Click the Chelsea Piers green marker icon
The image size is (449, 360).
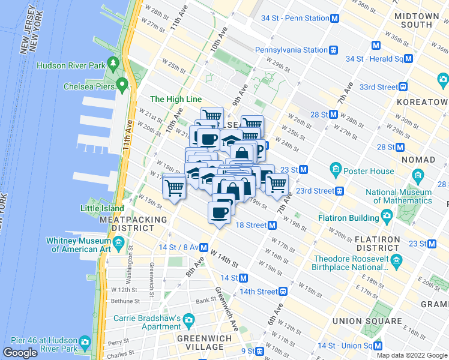122,86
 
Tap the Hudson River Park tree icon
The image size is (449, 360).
113,64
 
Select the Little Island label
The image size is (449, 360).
102,209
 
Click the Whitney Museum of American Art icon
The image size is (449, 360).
119,244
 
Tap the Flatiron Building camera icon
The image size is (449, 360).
387,215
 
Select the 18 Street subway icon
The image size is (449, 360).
273,225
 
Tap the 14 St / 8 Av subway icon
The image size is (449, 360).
204,247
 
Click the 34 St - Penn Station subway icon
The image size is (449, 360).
334,18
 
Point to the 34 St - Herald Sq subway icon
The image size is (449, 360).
408,59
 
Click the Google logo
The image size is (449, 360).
20,353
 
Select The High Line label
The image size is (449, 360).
175,99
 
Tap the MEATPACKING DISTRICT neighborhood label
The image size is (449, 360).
133,224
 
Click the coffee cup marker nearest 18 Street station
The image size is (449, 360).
219,212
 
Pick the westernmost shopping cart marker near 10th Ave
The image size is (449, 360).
174,187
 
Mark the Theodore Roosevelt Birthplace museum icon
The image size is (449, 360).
396,260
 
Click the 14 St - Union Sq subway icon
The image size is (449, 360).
378,346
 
